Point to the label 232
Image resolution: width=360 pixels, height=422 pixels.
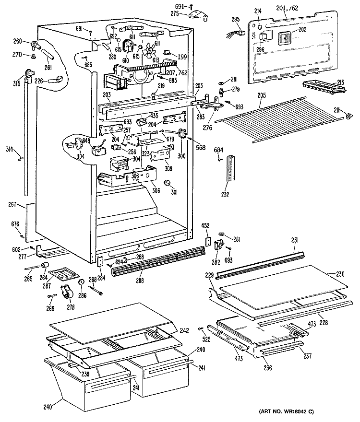(225, 195)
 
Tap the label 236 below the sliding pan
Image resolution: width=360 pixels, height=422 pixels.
(268, 368)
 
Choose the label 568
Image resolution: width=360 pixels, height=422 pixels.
(201, 147)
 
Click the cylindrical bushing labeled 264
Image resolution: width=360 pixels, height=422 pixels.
(46, 267)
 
